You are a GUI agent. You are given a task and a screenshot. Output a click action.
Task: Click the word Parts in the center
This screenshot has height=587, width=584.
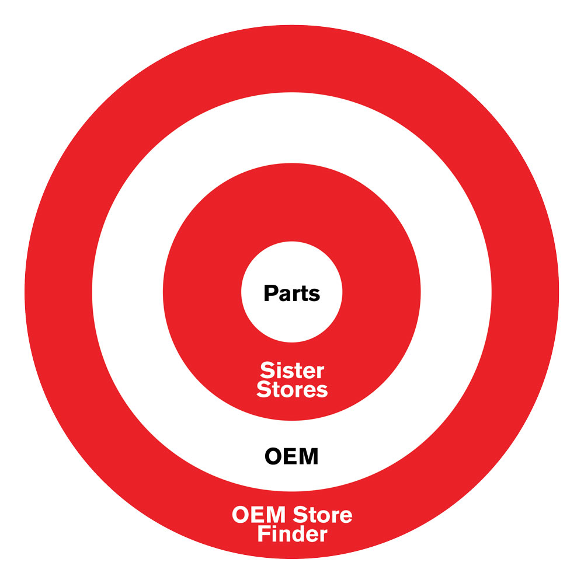[x=292, y=293]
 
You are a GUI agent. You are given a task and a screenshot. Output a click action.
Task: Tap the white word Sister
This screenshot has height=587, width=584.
[x=292, y=371]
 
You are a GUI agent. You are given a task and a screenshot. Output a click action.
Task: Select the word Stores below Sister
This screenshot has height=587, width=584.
[x=292, y=390]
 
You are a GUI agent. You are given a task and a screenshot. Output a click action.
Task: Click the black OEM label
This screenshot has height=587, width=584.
[x=292, y=456]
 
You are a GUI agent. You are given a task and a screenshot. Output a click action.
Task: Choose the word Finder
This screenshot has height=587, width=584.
[x=292, y=534]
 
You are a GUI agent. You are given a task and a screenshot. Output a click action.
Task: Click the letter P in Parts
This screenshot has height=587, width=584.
[x=270, y=293]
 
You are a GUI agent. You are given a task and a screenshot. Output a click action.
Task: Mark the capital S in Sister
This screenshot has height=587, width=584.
[x=266, y=371]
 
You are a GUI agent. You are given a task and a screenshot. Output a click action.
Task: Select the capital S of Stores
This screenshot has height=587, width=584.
[x=264, y=390]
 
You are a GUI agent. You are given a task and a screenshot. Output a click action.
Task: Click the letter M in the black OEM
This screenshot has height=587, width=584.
[x=308, y=456]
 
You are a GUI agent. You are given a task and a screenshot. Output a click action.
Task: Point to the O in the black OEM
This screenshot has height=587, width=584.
[x=274, y=456]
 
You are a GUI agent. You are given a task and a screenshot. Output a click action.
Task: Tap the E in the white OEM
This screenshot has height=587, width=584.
[x=255, y=516]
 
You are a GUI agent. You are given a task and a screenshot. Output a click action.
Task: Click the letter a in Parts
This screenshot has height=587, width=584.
[x=283, y=294]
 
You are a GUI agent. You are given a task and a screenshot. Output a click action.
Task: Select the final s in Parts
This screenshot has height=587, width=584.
[x=315, y=294]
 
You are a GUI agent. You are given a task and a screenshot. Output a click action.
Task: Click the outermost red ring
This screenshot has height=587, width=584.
[x=58, y=292]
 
